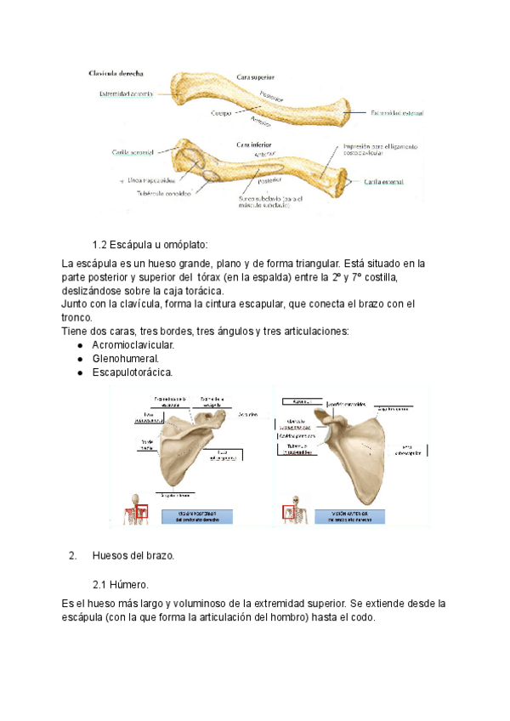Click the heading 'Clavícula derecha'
pyautogui.click(x=116, y=74)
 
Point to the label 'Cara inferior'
pyautogui.click(x=254, y=146)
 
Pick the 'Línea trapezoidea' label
pyautogui.click(x=151, y=180)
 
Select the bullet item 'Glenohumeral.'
pyautogui.click(x=125, y=359)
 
